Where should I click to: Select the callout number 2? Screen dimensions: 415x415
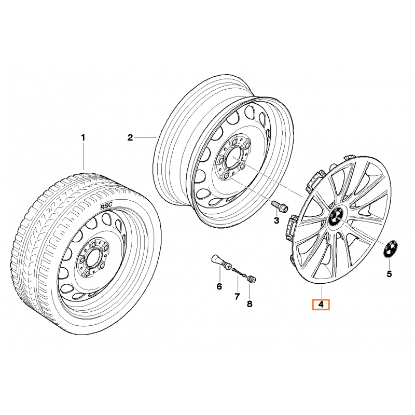click(130, 137)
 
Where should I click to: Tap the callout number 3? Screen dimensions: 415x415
click(276, 221)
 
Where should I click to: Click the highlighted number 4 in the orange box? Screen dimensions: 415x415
click(321, 305)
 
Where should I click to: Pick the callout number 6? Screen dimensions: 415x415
click(219, 286)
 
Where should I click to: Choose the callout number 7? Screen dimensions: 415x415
click(237, 296)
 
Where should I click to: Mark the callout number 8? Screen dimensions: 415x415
click(250, 303)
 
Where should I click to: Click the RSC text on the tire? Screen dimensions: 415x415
click(106, 206)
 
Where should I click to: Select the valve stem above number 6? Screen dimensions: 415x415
click(221, 261)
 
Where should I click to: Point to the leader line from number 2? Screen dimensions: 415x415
click(146, 137)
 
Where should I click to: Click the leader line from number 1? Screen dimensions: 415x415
click(83, 156)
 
